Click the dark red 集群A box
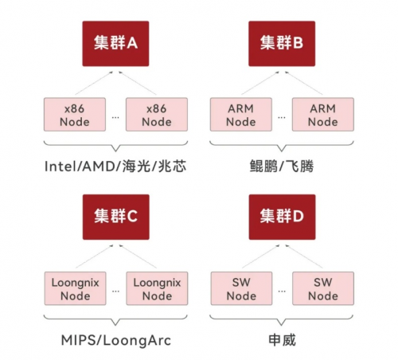115,44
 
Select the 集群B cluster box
282,44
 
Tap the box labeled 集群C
116,217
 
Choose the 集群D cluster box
282,217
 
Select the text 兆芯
172,166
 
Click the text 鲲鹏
263,166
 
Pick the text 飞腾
299,166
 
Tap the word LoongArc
137,341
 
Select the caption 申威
282,340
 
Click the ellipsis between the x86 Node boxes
115,118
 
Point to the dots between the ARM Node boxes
282,118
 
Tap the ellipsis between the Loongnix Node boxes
115,292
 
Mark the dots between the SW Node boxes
282,292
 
